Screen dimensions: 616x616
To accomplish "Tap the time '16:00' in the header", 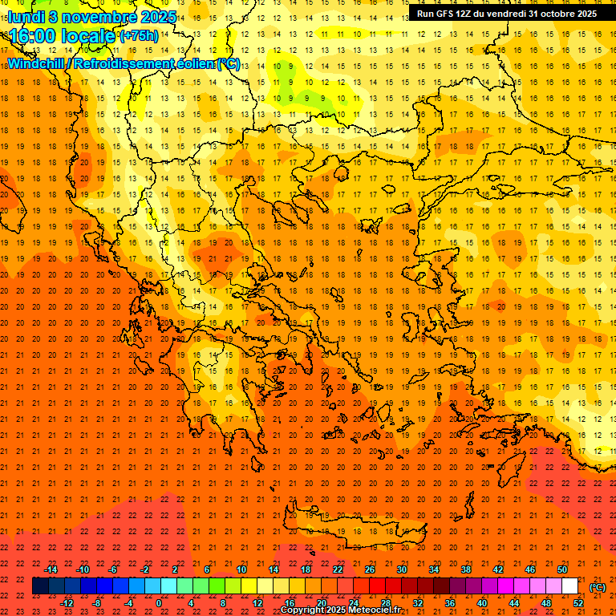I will tap(33, 36).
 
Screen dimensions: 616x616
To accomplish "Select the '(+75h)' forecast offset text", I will tap(139, 36).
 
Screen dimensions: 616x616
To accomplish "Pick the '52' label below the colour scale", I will tap(578, 602).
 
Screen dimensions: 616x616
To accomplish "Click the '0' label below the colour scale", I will tap(159, 602).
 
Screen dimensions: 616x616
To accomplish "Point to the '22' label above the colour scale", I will tap(338, 569).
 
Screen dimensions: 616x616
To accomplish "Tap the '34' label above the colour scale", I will tap(434, 569).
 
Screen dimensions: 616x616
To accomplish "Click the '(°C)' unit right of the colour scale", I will tap(598, 587).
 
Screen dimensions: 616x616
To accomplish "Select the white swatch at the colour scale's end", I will tap(569, 586).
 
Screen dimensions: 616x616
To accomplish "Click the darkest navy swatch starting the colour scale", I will tap(40, 586).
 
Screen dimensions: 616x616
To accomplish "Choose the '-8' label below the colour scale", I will tap(97, 602).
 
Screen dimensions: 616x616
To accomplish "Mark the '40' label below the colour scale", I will tap(482, 602).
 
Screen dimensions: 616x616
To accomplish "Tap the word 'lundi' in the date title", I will tap(26, 17).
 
